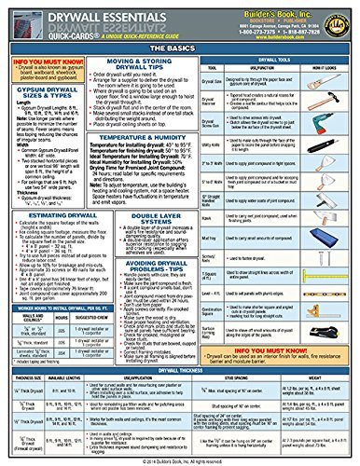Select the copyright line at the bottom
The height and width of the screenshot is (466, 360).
(180, 459)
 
